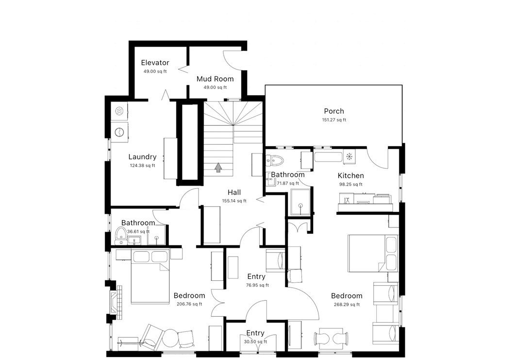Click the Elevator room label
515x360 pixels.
[x=155, y=63]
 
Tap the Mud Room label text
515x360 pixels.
[x=215, y=79]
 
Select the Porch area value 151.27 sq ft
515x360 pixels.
[x=334, y=120]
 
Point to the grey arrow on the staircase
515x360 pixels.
[x=218, y=168]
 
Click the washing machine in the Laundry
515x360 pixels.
[x=118, y=131]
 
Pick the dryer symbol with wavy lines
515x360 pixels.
[x=119, y=111]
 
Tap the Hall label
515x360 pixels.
[x=234, y=192]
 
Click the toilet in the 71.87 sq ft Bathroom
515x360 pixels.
[x=275, y=160]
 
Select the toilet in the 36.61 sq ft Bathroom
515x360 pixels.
[x=120, y=235]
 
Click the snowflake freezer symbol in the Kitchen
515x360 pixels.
[x=349, y=156]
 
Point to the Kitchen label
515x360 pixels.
[x=350, y=175]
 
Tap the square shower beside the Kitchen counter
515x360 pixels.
[x=300, y=203]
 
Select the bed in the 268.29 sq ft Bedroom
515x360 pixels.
[x=373, y=254]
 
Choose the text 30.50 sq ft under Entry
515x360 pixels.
[x=255, y=342]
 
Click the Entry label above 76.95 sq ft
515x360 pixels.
[x=256, y=276]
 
